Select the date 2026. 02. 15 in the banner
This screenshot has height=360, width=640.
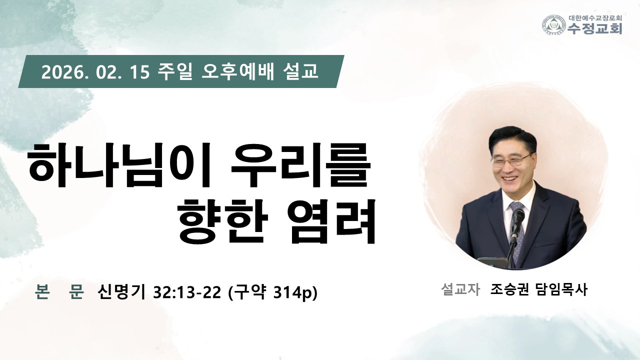tap(95, 72)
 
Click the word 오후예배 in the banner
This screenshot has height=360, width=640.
tap(237, 71)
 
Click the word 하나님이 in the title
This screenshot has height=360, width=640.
tap(118, 165)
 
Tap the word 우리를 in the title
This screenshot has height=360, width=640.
tap(300, 165)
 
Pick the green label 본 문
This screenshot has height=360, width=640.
tap(59, 292)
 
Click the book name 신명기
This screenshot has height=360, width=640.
tap(121, 292)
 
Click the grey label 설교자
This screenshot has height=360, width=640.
tap(460, 289)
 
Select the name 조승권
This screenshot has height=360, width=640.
tap(509, 289)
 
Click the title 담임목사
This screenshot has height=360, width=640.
tap(562, 289)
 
